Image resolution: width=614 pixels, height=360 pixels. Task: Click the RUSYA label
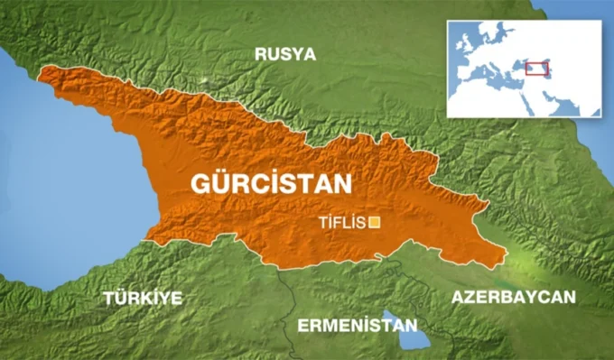(x=285, y=54)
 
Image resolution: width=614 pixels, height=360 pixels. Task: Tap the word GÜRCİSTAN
(x=270, y=184)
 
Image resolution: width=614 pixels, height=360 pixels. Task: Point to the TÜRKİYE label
(x=142, y=298)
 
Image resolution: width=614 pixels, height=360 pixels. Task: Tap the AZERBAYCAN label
(x=514, y=298)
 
